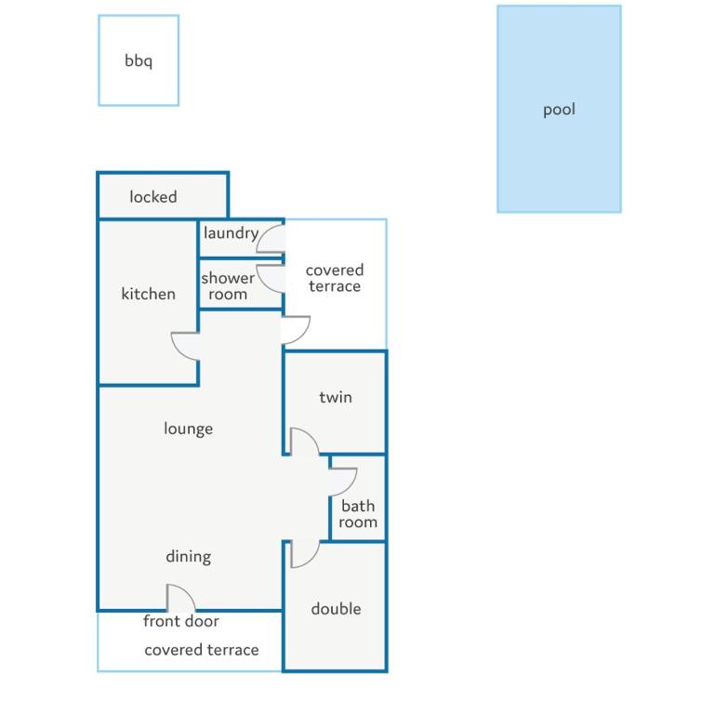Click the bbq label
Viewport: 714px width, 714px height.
coord(139,60)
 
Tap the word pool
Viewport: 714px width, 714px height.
coord(559,110)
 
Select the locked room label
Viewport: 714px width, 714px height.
coord(153,197)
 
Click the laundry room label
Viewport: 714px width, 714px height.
coord(231,233)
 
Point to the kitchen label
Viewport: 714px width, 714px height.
coord(149,294)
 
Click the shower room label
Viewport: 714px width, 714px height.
coord(228,286)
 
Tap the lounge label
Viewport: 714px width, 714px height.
coord(189,429)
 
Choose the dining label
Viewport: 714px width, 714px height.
coord(189,557)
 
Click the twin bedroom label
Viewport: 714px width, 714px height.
coord(336,397)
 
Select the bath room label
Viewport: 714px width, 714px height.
coord(358,514)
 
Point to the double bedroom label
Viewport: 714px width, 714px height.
coord(336,609)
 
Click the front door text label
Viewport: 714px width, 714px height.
coord(181,621)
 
